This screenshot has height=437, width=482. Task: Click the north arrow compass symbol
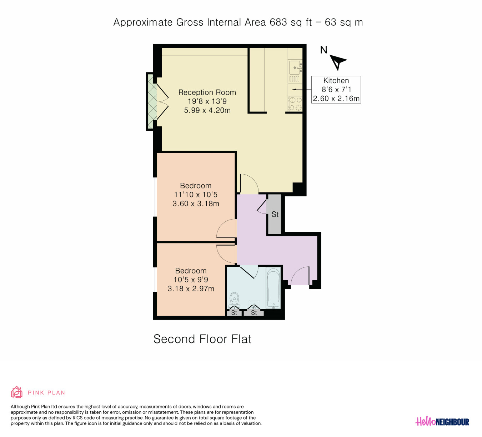(337, 62)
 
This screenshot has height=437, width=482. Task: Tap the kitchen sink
(295, 67)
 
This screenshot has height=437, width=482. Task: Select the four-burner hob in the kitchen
(295, 104)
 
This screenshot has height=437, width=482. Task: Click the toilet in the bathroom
(234, 301)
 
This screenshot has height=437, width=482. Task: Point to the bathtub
(273, 288)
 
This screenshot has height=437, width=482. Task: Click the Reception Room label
(207, 92)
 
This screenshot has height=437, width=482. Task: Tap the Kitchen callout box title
(336, 81)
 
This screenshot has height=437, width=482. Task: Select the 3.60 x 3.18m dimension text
(196, 204)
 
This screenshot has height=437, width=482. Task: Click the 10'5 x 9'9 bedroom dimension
(191, 280)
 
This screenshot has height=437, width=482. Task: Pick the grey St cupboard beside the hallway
(275, 214)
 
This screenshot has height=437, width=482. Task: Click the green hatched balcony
(152, 101)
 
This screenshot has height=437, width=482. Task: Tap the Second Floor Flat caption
(202, 339)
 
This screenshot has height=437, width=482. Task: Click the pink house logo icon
(17, 392)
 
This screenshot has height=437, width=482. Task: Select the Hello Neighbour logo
(442, 422)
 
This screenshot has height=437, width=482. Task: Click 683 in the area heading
(278, 22)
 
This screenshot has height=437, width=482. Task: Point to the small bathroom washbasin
(254, 304)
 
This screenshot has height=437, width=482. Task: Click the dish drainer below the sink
(294, 79)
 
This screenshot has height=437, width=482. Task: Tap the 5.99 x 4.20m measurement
(207, 110)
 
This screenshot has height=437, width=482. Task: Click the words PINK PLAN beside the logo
(46, 392)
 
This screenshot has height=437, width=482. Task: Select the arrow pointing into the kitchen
(302, 89)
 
